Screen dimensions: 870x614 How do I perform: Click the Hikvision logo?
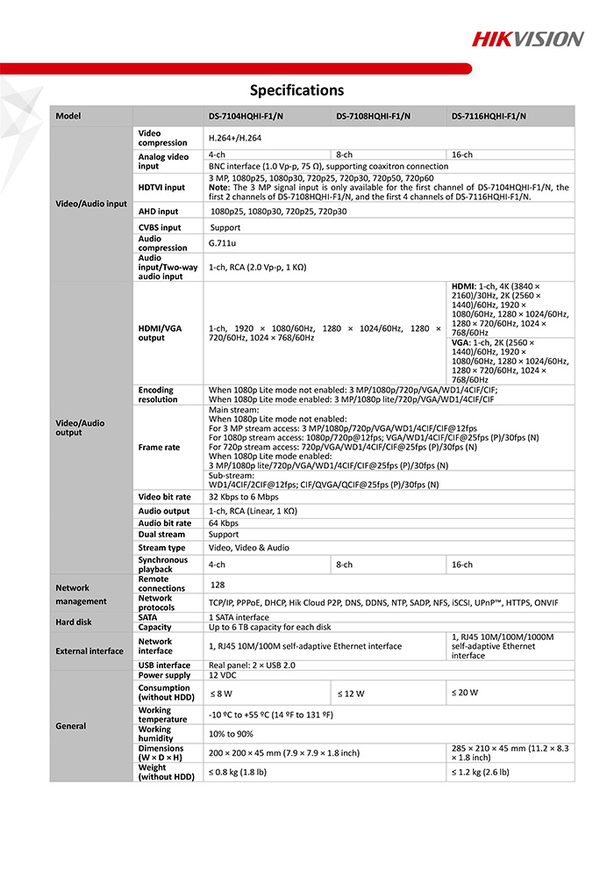click(527, 39)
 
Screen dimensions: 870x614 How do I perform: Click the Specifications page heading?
click(296, 90)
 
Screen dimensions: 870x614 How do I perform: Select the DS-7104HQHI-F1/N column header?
click(246, 117)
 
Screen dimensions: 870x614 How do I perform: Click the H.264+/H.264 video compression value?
click(234, 139)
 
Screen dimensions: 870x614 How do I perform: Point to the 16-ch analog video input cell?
click(461, 155)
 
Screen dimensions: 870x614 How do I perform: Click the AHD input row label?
click(158, 212)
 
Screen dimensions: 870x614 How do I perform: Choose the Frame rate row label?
click(159, 448)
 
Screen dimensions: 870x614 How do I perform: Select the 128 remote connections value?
click(218, 584)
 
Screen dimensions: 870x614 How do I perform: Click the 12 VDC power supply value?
click(223, 676)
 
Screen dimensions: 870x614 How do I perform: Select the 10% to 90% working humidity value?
click(231, 734)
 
